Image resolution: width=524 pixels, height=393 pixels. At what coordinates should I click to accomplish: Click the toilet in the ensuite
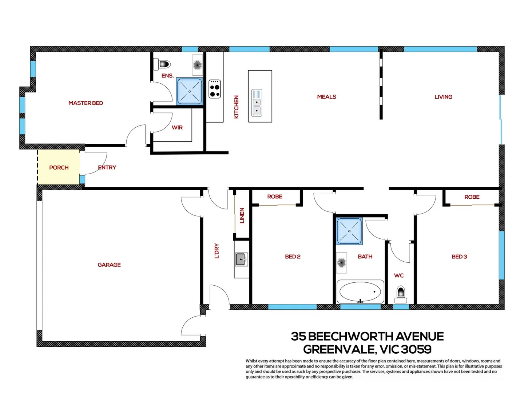coord(163,64)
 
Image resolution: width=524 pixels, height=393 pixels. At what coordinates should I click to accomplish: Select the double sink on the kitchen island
coord(257,102)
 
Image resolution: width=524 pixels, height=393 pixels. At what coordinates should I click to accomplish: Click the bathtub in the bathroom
coord(360,291)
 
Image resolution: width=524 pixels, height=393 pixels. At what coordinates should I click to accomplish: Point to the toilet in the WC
coord(401,294)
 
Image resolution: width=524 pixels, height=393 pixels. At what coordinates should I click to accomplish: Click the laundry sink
coord(241,259)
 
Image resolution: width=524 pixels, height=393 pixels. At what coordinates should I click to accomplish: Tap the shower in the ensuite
coord(189,91)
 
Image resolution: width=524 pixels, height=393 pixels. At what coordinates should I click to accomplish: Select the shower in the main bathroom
coord(349,231)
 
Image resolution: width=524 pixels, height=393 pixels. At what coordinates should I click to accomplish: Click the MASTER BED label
coord(86,103)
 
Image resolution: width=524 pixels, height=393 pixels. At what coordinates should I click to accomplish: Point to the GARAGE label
coord(109,265)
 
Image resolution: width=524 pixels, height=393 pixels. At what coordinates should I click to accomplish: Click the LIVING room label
coord(443,97)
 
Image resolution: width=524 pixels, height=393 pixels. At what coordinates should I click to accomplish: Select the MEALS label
coord(326,97)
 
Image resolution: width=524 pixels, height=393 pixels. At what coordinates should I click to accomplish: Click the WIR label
coord(177,127)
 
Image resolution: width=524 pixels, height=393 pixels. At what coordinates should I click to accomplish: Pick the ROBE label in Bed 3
coord(472,197)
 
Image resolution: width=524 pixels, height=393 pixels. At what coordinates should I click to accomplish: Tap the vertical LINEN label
coord(242,215)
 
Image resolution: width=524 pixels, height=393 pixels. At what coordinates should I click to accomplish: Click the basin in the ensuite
coord(197,65)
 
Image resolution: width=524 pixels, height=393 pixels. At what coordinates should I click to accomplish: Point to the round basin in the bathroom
coord(341,262)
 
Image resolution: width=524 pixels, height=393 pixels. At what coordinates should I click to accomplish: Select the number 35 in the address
coord(298,336)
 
